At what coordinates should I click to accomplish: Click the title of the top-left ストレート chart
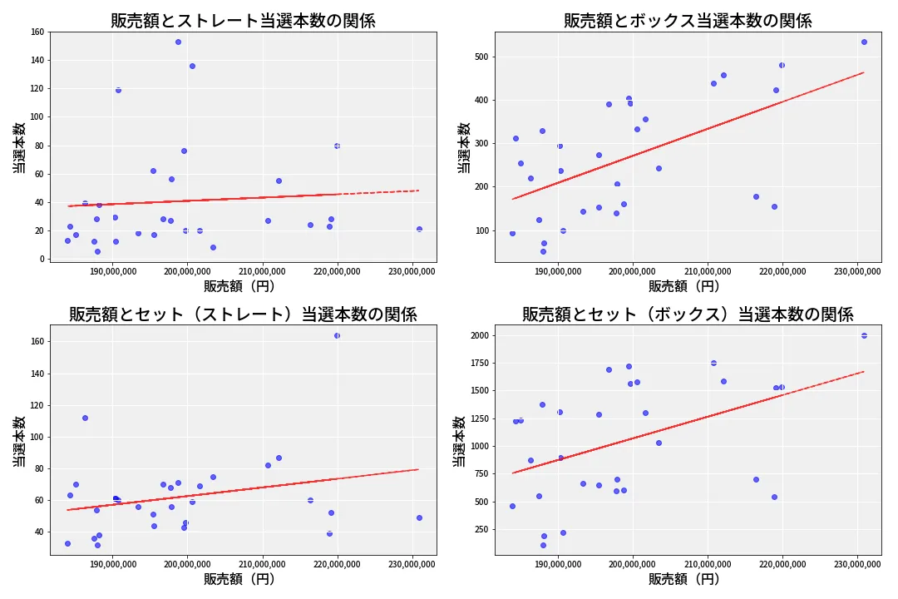[243, 21]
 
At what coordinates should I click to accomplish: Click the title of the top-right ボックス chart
[688, 21]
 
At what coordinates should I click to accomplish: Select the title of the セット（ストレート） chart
[243, 314]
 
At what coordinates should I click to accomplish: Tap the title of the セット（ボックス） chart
[688, 314]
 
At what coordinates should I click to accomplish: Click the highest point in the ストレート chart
[178, 42]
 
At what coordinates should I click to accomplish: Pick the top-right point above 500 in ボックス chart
[864, 42]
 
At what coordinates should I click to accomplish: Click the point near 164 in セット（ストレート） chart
[337, 335]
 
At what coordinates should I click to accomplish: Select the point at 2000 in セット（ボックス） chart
[864, 335]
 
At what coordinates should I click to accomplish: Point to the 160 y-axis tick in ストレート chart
[37, 32]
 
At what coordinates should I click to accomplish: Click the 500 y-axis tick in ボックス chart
[481, 57]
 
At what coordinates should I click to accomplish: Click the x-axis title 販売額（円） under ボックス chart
[684, 286]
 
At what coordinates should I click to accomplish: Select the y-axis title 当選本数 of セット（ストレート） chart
[17, 441]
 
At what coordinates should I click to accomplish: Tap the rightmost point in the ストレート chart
[419, 229]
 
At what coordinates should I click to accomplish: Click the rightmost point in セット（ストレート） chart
[419, 517]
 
